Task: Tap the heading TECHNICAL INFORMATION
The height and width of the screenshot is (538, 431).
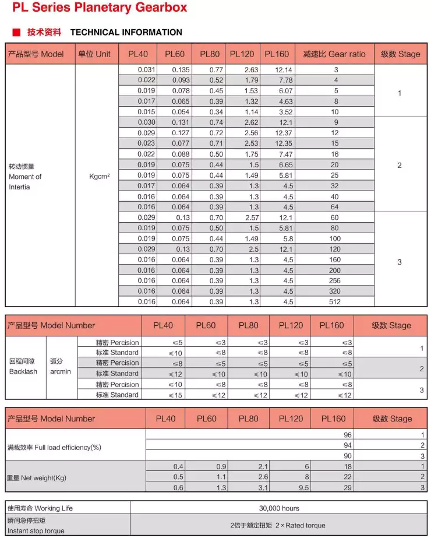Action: [x=126, y=33]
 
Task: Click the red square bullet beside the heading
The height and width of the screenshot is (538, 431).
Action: [x=16, y=33]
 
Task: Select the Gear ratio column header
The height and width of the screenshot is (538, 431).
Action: [x=334, y=54]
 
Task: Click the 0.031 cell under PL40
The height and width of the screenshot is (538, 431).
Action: [x=146, y=70]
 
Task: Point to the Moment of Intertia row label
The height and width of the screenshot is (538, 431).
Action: [x=25, y=177]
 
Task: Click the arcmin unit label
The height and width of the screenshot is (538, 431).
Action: [x=61, y=371]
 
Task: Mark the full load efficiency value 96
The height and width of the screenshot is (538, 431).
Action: [x=348, y=435]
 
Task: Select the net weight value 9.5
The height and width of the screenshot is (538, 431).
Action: [x=303, y=488]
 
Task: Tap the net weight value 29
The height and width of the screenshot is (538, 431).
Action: [x=348, y=488]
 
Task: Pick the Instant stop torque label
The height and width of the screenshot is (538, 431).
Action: [x=36, y=530]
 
